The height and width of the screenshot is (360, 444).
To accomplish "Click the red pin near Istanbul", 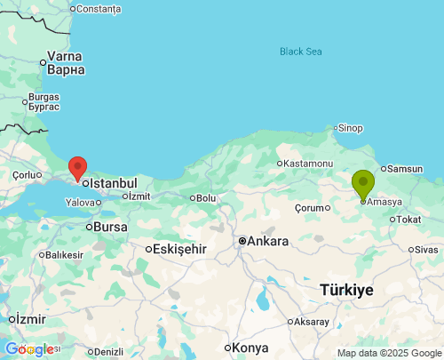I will pyautogui.click(x=78, y=167).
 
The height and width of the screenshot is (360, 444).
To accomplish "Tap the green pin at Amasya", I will pyautogui.click(x=363, y=184).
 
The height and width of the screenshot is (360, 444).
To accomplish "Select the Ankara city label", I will pyautogui.click(x=267, y=241).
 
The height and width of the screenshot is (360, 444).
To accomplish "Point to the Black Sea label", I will pyautogui.click(x=300, y=52).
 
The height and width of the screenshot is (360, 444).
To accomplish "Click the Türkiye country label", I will pyautogui.click(x=346, y=291).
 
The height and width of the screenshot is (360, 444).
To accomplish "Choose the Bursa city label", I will pyautogui.click(x=110, y=227).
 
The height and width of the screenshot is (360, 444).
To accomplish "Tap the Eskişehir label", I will pyautogui.click(x=179, y=249).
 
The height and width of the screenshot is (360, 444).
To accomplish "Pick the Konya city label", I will pyautogui.click(x=251, y=348).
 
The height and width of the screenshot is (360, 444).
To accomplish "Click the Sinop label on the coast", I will pyautogui.click(x=349, y=128).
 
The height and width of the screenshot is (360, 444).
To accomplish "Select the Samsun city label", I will pyautogui.click(x=405, y=169).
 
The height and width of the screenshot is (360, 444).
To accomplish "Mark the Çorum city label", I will pyautogui.click(x=310, y=207).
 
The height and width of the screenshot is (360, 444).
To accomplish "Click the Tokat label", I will pyautogui.click(x=408, y=220).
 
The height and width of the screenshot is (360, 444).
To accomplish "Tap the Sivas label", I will pyautogui.click(x=425, y=250).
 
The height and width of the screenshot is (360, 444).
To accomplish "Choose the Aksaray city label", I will pyautogui.click(x=311, y=321).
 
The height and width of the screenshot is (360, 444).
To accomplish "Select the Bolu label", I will pyautogui.click(x=206, y=197).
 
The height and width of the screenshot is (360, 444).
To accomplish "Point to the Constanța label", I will pyautogui.click(x=99, y=9).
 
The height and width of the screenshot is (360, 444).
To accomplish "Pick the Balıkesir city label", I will pyautogui.click(x=64, y=255).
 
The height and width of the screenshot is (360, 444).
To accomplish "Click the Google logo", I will pyautogui.click(x=29, y=349).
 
